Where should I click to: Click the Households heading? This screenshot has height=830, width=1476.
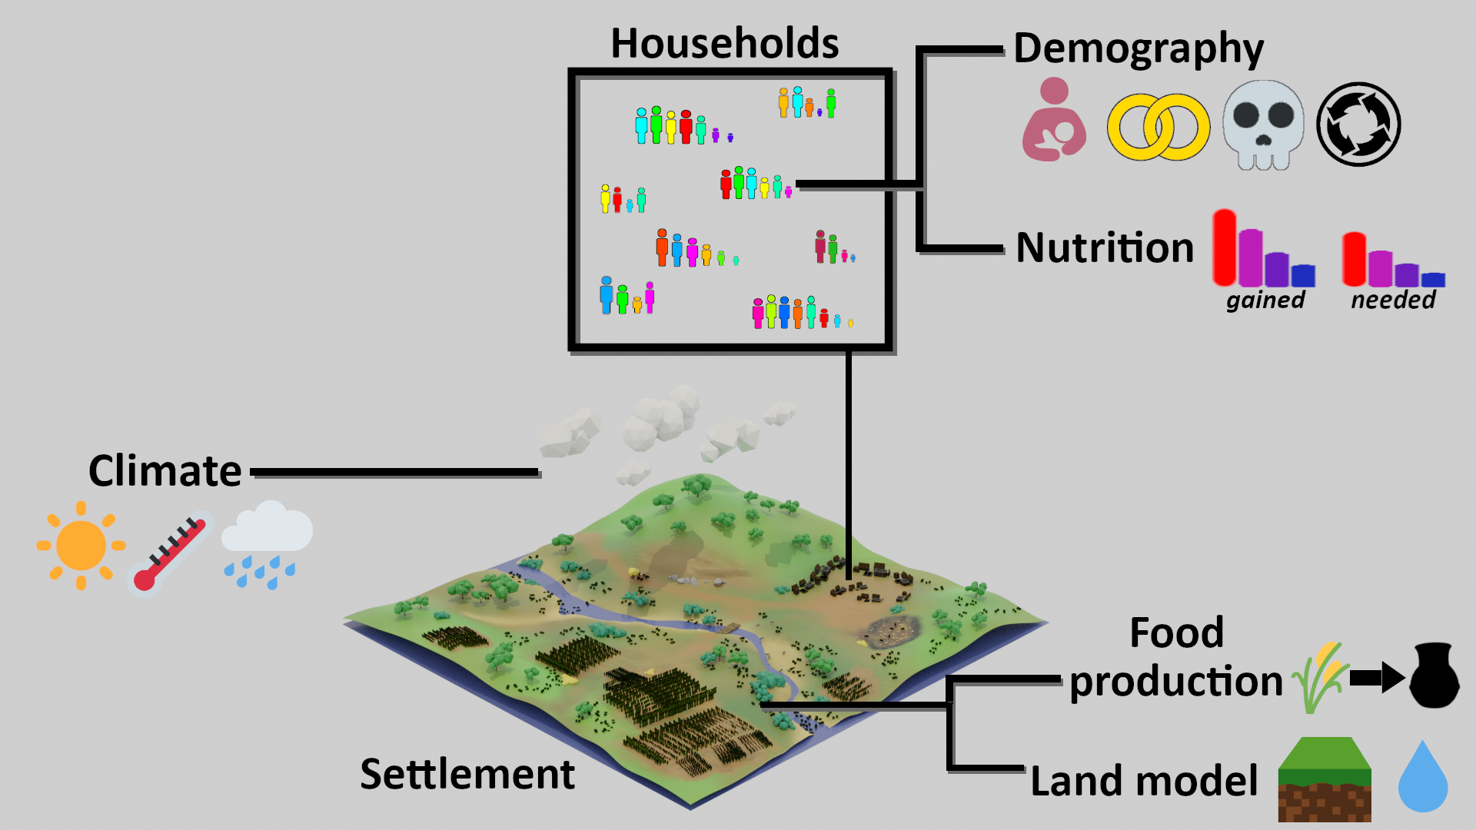pos(724,43)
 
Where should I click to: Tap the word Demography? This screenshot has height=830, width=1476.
pos(1139,49)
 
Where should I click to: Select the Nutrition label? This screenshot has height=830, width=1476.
pos(1105,247)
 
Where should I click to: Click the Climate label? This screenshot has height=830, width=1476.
pos(165,470)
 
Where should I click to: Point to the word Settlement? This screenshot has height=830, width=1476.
pos(467,773)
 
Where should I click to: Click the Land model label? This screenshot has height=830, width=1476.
pos(1144,781)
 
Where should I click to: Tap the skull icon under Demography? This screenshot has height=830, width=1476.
pos(1263,124)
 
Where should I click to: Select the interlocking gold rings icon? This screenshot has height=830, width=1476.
pos(1159,128)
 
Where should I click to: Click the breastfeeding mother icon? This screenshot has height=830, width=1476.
pos(1054,119)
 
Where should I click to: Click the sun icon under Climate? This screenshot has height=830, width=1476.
pos(81,546)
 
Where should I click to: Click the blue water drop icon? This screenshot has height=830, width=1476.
pos(1423,776)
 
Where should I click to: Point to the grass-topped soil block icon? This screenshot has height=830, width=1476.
pos(1325,779)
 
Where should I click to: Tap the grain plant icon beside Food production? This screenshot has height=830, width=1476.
pos(1321,676)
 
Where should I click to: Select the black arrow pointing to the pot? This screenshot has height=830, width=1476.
pos(1377,678)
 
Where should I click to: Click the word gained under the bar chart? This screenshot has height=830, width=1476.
pos(1265,300)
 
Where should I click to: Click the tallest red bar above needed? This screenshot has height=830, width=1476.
pos(1355,259)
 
